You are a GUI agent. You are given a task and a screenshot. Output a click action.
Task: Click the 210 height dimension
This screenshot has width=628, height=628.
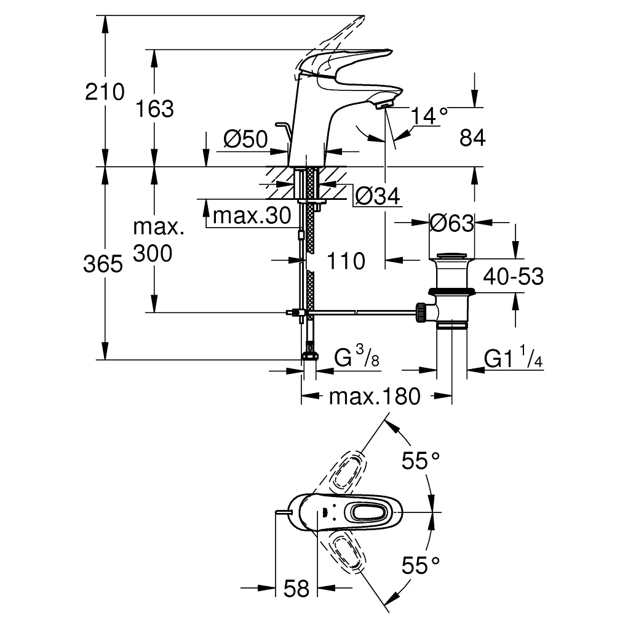[x=105, y=93]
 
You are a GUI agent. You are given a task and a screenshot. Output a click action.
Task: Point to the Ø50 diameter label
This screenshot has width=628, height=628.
[x=245, y=140]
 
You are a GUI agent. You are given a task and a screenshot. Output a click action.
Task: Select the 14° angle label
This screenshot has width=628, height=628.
[x=429, y=115]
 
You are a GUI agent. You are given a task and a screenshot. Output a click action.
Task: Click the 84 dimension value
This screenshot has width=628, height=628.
[x=472, y=138]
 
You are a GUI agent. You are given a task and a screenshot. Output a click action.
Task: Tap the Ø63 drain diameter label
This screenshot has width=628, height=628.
[x=452, y=223]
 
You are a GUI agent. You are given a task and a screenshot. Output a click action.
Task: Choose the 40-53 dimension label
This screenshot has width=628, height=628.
[x=513, y=277]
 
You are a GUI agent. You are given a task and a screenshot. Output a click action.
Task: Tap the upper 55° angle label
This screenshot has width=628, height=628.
[x=421, y=459]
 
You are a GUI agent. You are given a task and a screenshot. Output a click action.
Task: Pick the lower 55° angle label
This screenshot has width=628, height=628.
[x=421, y=564]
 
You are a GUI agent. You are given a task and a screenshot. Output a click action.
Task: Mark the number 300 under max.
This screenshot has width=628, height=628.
[x=153, y=253]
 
